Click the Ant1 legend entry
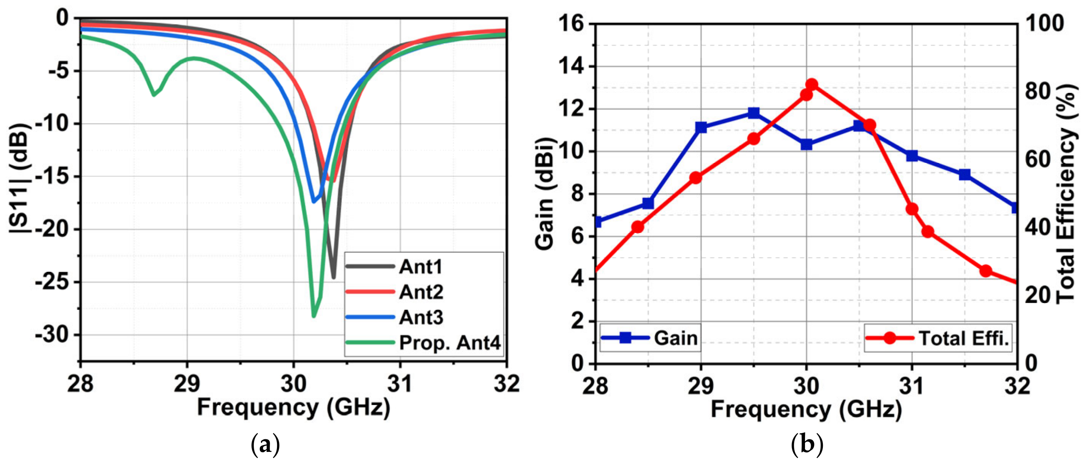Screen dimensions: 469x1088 420,267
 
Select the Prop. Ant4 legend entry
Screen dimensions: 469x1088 450,343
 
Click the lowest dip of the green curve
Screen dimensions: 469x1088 314,316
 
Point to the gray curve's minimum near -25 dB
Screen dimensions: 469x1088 334,278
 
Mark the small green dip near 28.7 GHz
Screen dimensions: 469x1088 154,94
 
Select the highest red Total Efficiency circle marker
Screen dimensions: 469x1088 811,85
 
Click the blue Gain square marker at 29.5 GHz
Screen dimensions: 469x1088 754,113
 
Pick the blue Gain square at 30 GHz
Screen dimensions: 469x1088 806,145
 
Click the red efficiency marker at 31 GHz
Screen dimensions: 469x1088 912,209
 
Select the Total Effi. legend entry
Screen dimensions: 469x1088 963,338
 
